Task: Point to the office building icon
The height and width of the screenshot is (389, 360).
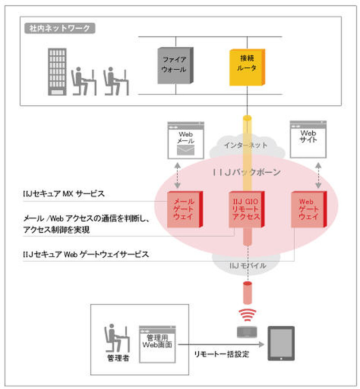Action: (57, 71)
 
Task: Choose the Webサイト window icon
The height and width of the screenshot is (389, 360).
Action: (308, 139)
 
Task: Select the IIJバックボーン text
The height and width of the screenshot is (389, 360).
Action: (247, 172)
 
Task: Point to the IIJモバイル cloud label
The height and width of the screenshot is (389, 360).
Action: (247, 266)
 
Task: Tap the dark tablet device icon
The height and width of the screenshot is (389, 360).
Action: (281, 343)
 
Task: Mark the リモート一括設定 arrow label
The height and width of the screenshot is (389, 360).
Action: (221, 354)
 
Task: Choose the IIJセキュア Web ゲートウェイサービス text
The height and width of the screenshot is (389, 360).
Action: (85, 254)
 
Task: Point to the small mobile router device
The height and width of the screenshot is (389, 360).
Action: (247, 332)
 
